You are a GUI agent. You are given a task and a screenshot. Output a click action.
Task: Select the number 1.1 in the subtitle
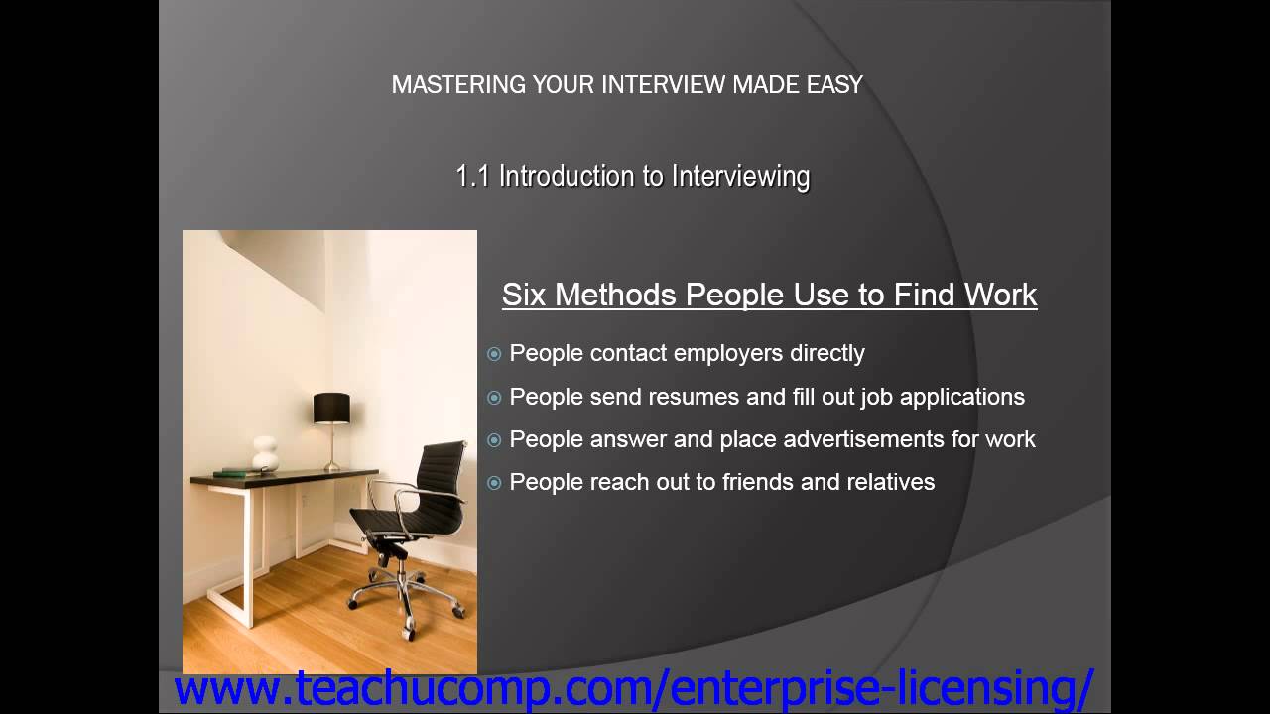473,177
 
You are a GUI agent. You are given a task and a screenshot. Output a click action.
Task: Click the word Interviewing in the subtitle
740,177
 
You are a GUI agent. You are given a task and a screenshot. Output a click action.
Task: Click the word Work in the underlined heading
998,295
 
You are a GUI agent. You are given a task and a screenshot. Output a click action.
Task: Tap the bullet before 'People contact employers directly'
494,354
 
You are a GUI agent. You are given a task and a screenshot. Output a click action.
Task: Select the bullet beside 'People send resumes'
494,398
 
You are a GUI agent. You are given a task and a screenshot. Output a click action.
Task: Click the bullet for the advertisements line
494,440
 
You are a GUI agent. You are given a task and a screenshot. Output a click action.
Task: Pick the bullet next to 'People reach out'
494,483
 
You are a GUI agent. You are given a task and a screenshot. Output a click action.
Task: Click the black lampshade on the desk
331,408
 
